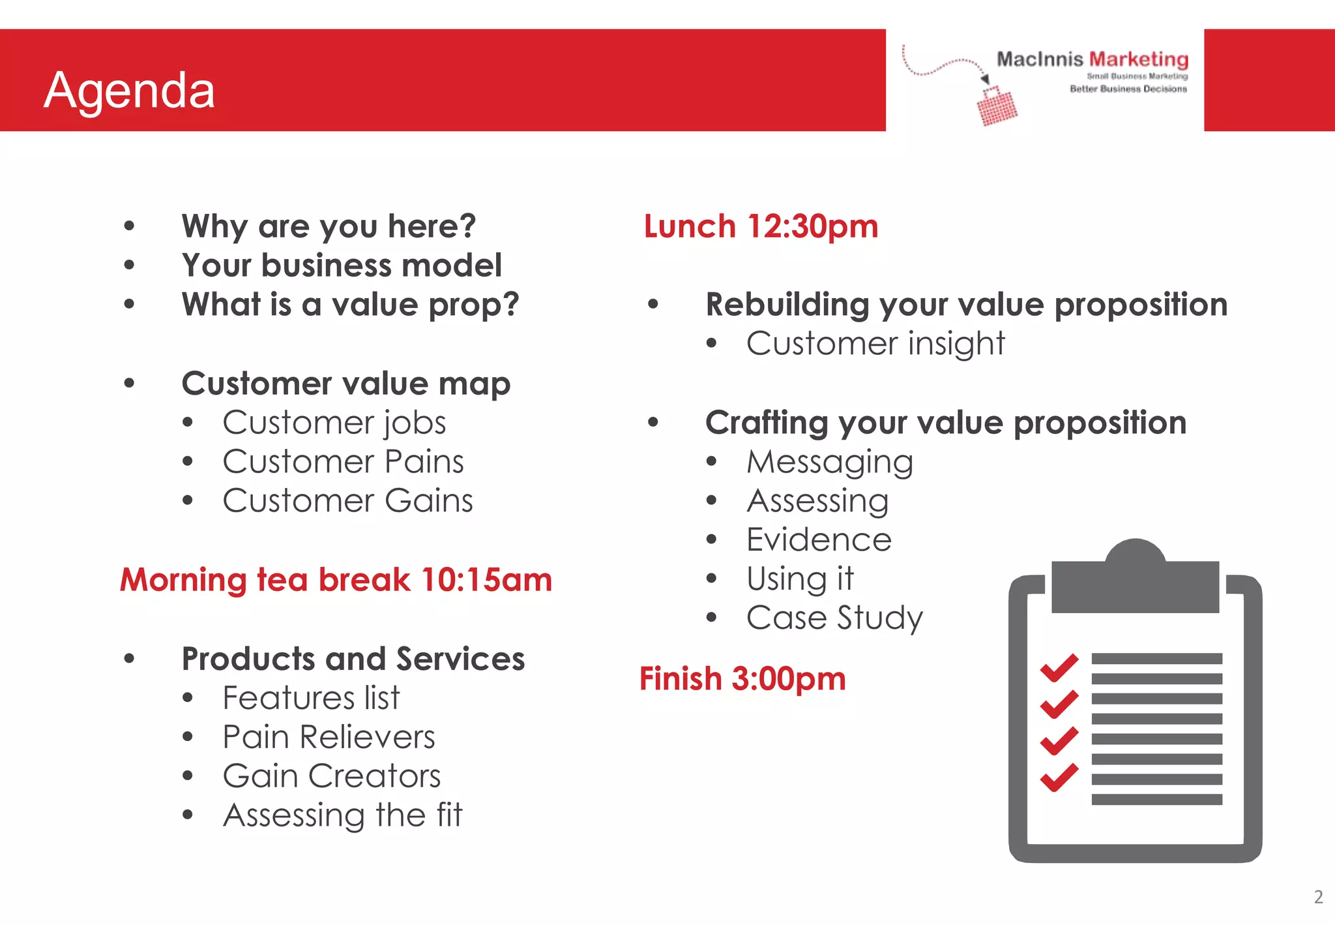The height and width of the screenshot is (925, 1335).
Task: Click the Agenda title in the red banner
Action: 129,89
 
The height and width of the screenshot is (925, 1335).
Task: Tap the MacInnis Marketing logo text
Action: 1092,59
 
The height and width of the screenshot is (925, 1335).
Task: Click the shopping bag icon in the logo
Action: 997,106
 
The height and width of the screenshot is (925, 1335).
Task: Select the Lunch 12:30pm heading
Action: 761,226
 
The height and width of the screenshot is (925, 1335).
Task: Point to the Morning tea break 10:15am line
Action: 336,579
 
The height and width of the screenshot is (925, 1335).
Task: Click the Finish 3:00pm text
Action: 742,678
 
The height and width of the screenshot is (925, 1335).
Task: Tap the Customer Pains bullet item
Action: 343,462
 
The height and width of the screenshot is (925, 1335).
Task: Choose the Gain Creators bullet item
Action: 331,776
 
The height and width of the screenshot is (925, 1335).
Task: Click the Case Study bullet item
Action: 834,618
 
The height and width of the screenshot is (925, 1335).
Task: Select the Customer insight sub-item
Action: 875,344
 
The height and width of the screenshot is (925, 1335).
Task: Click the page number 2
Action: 1318,897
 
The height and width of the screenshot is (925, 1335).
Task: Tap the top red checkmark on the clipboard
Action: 1059,667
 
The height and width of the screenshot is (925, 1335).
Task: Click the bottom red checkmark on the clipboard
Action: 1059,777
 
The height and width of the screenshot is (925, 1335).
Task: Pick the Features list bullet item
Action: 311,698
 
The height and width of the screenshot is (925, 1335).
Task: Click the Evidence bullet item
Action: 819,540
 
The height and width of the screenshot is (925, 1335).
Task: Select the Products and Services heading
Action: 353,659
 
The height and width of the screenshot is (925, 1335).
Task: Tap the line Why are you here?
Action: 329,226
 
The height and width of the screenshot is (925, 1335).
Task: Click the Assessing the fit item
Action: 342,815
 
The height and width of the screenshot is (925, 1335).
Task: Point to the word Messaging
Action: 830,462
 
